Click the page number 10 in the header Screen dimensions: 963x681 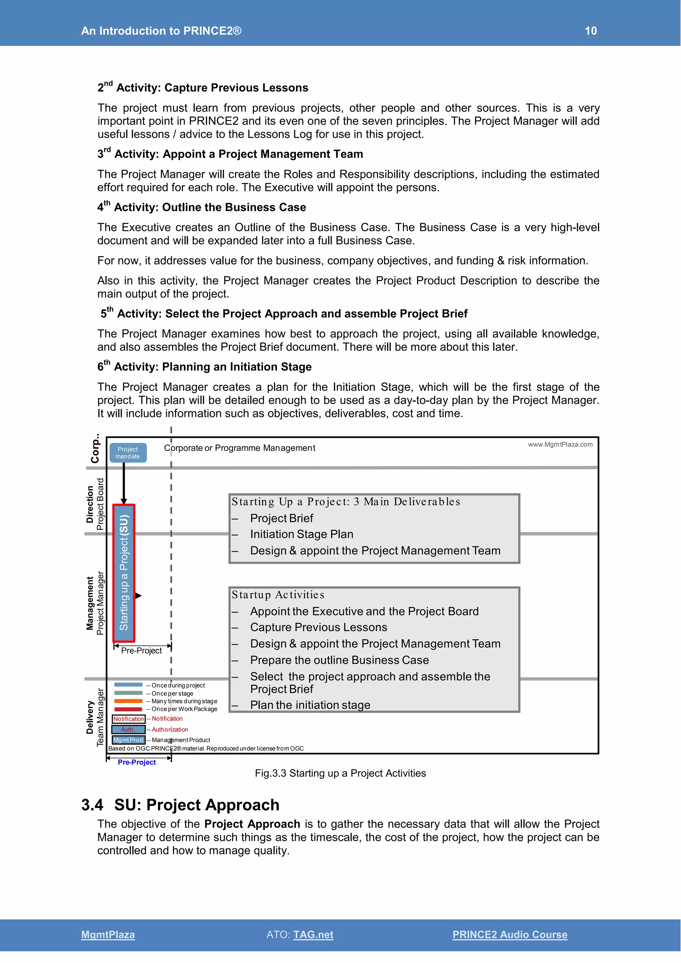click(x=591, y=31)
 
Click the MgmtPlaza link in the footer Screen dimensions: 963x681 click(x=108, y=934)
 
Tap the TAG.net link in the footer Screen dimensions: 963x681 click(x=313, y=934)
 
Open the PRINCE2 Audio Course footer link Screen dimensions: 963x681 click(x=509, y=934)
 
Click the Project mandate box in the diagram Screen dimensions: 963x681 click(x=128, y=453)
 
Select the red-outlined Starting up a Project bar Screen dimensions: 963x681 click(x=124, y=573)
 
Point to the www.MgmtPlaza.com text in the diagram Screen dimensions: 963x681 click(x=560, y=445)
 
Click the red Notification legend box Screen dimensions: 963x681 click(x=128, y=719)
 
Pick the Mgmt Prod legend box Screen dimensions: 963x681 click(x=128, y=740)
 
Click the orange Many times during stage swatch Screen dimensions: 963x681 click(x=128, y=701)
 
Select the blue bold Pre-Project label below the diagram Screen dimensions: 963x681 click(x=137, y=762)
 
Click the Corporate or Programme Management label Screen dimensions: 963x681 click(x=239, y=448)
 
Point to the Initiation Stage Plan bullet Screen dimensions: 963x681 click(x=302, y=534)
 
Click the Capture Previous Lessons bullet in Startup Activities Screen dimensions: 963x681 click(x=318, y=627)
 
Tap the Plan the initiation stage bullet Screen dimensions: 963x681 click(x=310, y=705)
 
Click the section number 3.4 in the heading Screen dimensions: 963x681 click(x=92, y=805)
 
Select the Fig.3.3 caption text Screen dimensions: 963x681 click(x=340, y=773)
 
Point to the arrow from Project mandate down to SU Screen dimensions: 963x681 click(x=124, y=482)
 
